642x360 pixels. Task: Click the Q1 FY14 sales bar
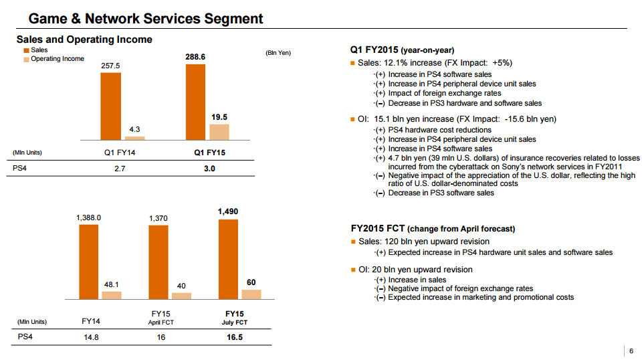(110, 106)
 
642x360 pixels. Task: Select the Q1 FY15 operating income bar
(219, 132)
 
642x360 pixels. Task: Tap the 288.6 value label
(195, 57)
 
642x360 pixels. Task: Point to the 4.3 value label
(134, 129)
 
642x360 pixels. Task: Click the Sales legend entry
(35, 50)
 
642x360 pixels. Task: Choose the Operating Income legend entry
(54, 59)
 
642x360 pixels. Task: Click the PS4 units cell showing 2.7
(120, 169)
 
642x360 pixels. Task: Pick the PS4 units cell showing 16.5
(235, 337)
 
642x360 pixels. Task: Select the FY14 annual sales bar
(88, 262)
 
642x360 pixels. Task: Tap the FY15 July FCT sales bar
(228, 259)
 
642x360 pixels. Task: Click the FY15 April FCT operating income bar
(181, 296)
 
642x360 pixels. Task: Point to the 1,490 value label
(228, 211)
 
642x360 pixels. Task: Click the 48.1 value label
(112, 284)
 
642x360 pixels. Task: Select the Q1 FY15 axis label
(209, 153)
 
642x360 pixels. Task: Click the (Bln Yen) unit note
(278, 53)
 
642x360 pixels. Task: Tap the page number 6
(631, 351)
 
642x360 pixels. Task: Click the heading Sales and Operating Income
(84, 39)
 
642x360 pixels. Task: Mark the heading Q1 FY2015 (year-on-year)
(402, 50)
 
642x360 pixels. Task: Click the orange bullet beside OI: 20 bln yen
(353, 270)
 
